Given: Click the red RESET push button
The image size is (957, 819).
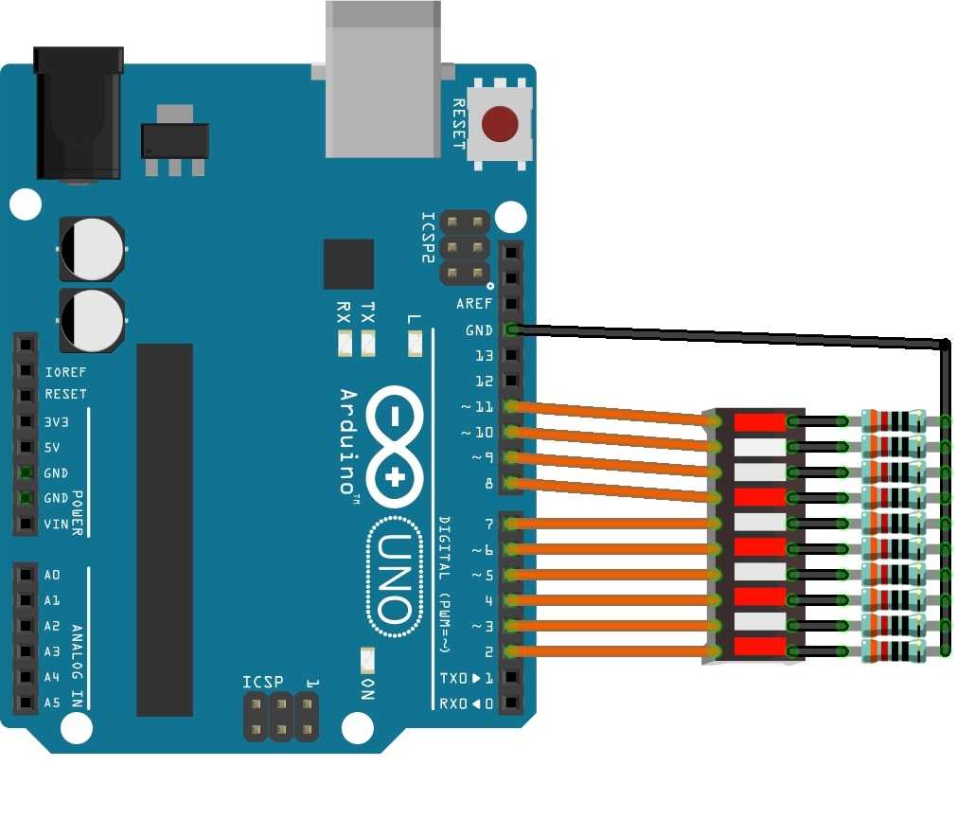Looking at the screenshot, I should click(500, 124).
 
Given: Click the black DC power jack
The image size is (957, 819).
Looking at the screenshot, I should click(78, 114).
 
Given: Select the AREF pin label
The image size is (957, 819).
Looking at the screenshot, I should click(474, 304).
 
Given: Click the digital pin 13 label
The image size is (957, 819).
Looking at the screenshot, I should click(484, 356).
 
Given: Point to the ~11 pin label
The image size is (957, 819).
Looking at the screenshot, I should click(477, 407).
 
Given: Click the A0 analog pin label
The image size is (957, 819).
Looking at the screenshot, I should click(52, 575).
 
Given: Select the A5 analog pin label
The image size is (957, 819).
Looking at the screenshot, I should click(52, 703).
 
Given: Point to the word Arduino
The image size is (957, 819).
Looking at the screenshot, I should click(347, 441).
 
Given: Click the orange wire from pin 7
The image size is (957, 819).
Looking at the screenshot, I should click(615, 523).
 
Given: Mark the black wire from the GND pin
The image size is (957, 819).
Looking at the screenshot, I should click(729, 335).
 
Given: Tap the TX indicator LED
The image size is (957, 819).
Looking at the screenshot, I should click(368, 344).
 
